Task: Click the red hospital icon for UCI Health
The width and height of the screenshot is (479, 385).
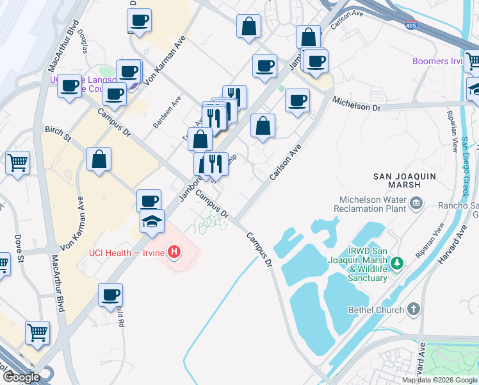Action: [174, 253]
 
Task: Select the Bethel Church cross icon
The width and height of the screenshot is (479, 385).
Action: [414, 310]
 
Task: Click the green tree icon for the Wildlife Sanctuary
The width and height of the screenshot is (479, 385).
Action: [397, 262]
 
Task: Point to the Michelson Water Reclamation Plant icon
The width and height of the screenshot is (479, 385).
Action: [416, 204]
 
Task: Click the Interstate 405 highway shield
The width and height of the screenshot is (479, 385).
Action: [410, 26]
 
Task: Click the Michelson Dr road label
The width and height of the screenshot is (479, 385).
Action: [355, 104]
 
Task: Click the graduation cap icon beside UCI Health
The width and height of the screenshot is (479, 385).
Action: [152, 221]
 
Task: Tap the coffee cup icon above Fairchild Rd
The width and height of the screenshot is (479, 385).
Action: [110, 295]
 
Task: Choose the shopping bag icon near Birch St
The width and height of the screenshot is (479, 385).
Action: [99, 159]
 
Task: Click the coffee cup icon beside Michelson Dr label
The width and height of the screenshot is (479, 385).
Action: [296, 100]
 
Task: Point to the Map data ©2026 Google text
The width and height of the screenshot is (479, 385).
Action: [439, 380]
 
